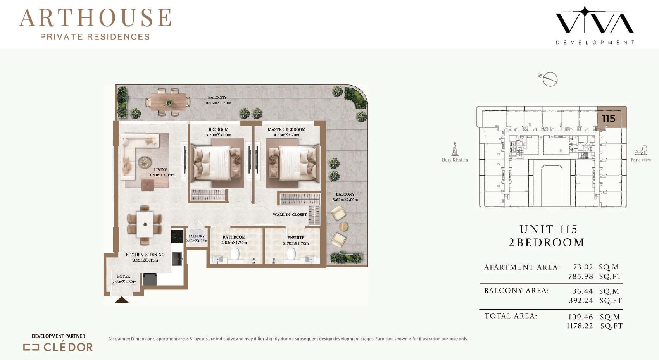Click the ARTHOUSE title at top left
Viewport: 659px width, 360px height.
pyautogui.click(x=95, y=18)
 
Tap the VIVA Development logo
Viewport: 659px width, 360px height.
pyautogui.click(x=595, y=24)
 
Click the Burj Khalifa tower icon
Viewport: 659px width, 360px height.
pyautogui.click(x=455, y=148)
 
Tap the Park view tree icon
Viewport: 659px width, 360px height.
pyautogui.click(x=641, y=150)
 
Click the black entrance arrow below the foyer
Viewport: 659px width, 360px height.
pyautogui.click(x=121, y=300)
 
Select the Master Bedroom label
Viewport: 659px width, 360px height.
pyautogui.click(x=286, y=129)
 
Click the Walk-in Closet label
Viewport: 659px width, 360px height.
pyautogui.click(x=290, y=215)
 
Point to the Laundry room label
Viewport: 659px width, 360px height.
pyautogui.click(x=196, y=236)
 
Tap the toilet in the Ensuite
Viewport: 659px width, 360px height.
pyautogui.click(x=291, y=253)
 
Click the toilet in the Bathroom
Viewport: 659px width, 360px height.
pyautogui.click(x=235, y=253)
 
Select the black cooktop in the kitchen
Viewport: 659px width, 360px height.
pyautogui.click(x=177, y=236)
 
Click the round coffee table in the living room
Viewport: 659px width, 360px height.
pyautogui.click(x=145, y=162)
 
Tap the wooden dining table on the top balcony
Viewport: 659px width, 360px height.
pyautogui.click(x=168, y=102)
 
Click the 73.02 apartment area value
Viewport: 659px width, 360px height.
pyautogui.click(x=583, y=267)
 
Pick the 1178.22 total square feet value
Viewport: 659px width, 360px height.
pyautogui.click(x=580, y=326)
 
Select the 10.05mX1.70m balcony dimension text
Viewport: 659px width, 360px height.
pyautogui.click(x=217, y=103)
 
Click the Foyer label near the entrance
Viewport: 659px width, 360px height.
pyautogui.click(x=124, y=276)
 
